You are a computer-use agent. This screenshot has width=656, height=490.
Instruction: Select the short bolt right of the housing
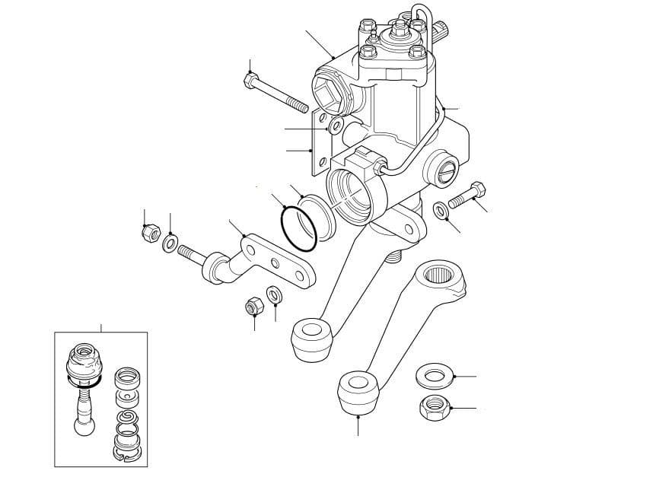466,196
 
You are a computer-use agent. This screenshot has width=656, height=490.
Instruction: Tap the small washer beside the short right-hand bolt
441,210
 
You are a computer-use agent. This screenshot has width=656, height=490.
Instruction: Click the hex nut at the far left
148,234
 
